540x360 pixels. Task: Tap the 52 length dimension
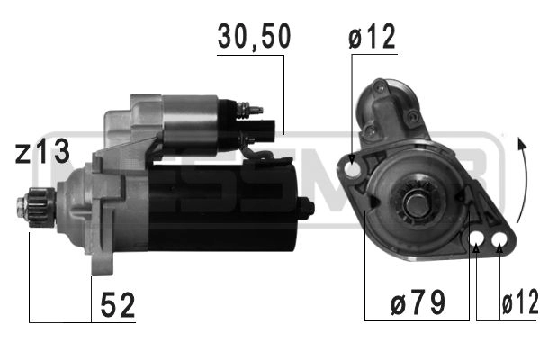pyautogui.click(x=116, y=306)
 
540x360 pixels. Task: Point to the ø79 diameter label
pyautogui.click(x=416, y=304)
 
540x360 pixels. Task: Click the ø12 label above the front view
pyautogui.click(x=371, y=38)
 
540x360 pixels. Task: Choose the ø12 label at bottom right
pyautogui.click(x=520, y=304)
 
